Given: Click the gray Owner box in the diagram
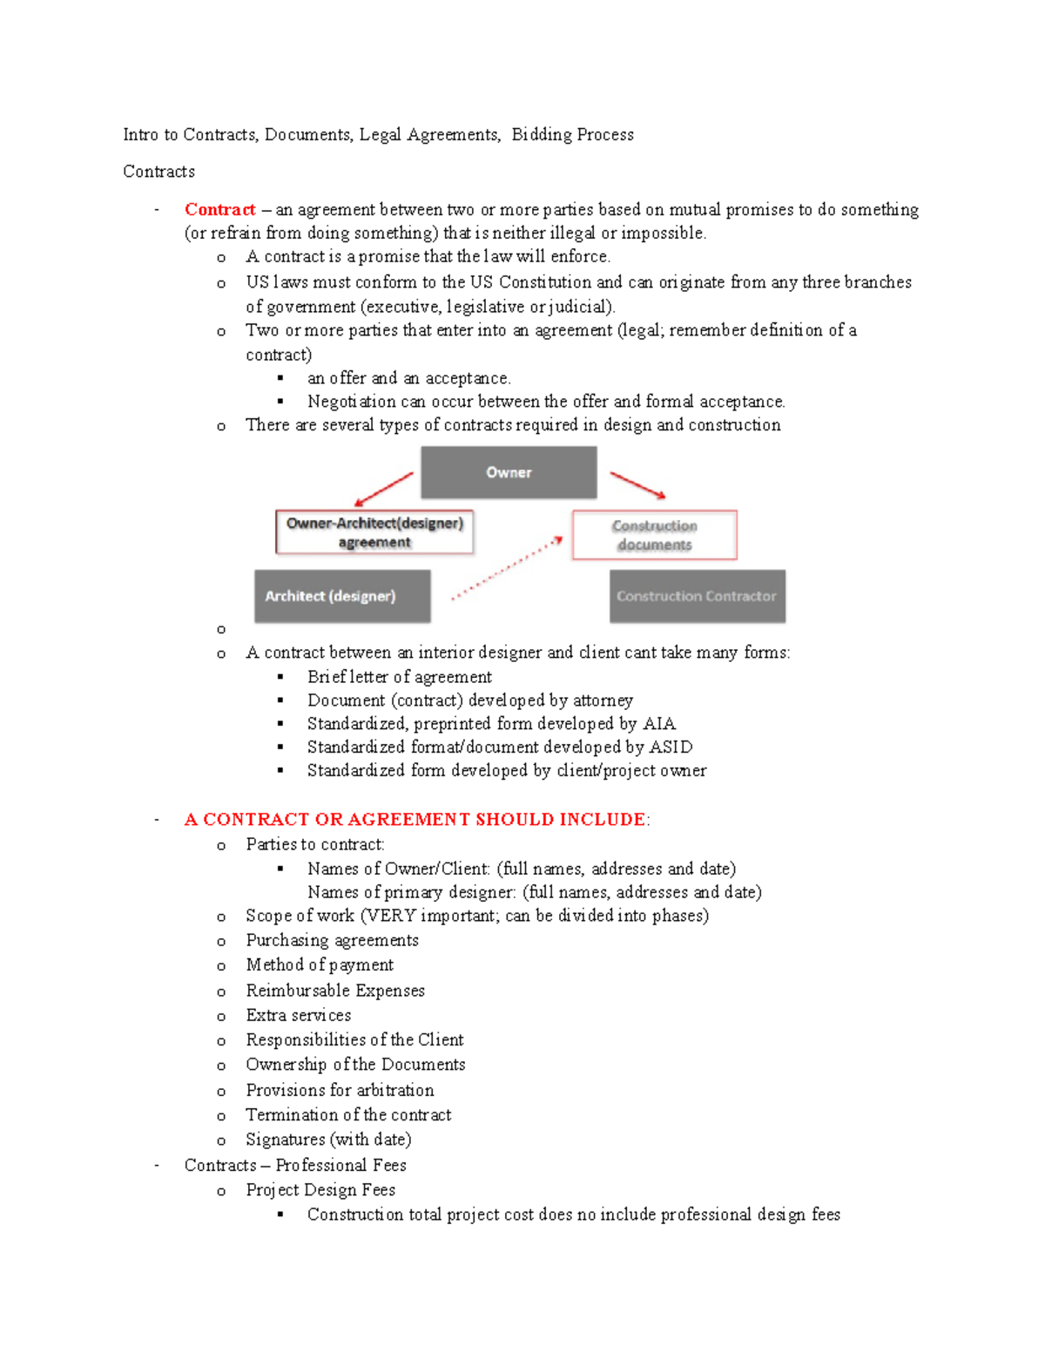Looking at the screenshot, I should point(509,472).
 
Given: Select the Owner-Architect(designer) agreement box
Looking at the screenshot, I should point(374,532).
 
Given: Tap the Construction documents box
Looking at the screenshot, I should point(654,535).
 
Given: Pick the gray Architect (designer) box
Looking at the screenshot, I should point(342,596).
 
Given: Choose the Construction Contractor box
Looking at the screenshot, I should point(697,596).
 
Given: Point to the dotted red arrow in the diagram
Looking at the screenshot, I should point(508,569).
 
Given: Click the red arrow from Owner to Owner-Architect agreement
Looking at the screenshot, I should point(383,489).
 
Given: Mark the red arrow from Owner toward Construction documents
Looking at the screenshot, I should point(637,485).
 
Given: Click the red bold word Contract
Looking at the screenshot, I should point(219,210).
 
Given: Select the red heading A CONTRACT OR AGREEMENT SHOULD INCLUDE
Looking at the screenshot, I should point(415,820).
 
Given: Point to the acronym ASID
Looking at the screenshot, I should point(671,748).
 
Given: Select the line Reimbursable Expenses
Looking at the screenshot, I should point(335,991).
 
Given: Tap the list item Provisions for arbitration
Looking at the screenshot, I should point(340,1091).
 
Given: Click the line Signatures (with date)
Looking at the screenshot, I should point(328,1140).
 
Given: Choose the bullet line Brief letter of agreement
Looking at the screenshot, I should point(399,677).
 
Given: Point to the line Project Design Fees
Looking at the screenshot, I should point(320,1190).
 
